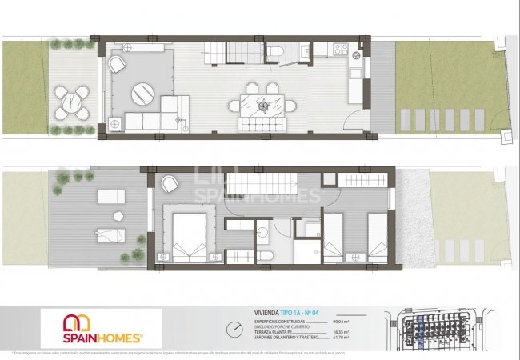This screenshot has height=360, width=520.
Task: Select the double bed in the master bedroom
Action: click(x=189, y=234)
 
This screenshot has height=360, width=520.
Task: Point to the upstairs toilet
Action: click(x=269, y=256)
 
